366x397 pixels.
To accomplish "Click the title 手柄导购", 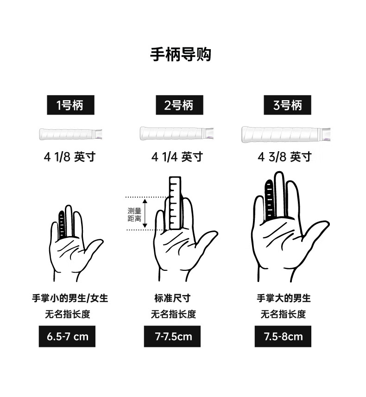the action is coord(181,54).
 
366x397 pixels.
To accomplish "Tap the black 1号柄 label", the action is coord(70,105).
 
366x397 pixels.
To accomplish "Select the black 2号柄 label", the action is coord(179,105).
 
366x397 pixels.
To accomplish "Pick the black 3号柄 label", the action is coord(287,105).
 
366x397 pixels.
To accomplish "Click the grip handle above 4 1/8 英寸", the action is coord(70,134).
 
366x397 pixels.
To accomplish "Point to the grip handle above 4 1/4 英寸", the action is coord(177,133).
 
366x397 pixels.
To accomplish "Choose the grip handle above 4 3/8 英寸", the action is coord(286,134).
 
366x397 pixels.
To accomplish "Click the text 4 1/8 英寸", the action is coord(70,157).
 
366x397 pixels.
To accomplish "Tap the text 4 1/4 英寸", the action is coord(177,157).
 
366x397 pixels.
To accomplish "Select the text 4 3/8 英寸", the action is coord(284,157).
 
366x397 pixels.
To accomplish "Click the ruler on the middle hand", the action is coord(175,203).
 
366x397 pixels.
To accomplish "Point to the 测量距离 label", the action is coord(134,215).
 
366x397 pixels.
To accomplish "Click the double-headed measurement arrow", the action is coord(145,213).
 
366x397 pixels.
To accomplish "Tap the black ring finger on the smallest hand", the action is coord(62,225).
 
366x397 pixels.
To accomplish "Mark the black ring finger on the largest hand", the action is coord(269,200).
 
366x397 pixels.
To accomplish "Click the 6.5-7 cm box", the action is coord(67,336).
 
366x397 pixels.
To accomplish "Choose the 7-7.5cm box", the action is coord(172,336).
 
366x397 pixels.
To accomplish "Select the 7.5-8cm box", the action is coord(283,336).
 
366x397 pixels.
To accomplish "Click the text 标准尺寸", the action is coord(172,298).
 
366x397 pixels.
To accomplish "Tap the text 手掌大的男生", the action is coord(284,298).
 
